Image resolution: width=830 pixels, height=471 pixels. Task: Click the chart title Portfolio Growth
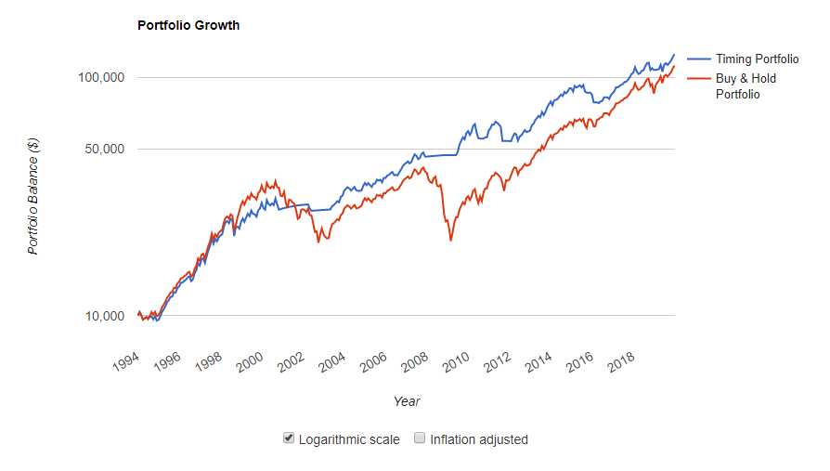tap(188, 25)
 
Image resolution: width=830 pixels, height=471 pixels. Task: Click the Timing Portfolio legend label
tap(757, 59)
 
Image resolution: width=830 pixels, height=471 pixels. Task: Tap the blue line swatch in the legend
tap(698, 59)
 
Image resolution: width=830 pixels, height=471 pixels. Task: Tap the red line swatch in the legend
tap(698, 79)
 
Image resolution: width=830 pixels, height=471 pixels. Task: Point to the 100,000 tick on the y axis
tap(99, 77)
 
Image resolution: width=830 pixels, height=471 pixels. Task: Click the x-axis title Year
tap(407, 401)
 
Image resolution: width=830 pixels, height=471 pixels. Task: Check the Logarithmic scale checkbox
tap(289, 438)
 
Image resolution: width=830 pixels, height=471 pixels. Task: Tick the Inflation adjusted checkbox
tap(420, 438)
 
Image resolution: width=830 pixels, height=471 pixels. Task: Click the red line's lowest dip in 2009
tap(451, 241)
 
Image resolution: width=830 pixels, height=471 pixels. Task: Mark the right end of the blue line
tap(674, 55)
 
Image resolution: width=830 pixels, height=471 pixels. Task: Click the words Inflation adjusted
tap(479, 439)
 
